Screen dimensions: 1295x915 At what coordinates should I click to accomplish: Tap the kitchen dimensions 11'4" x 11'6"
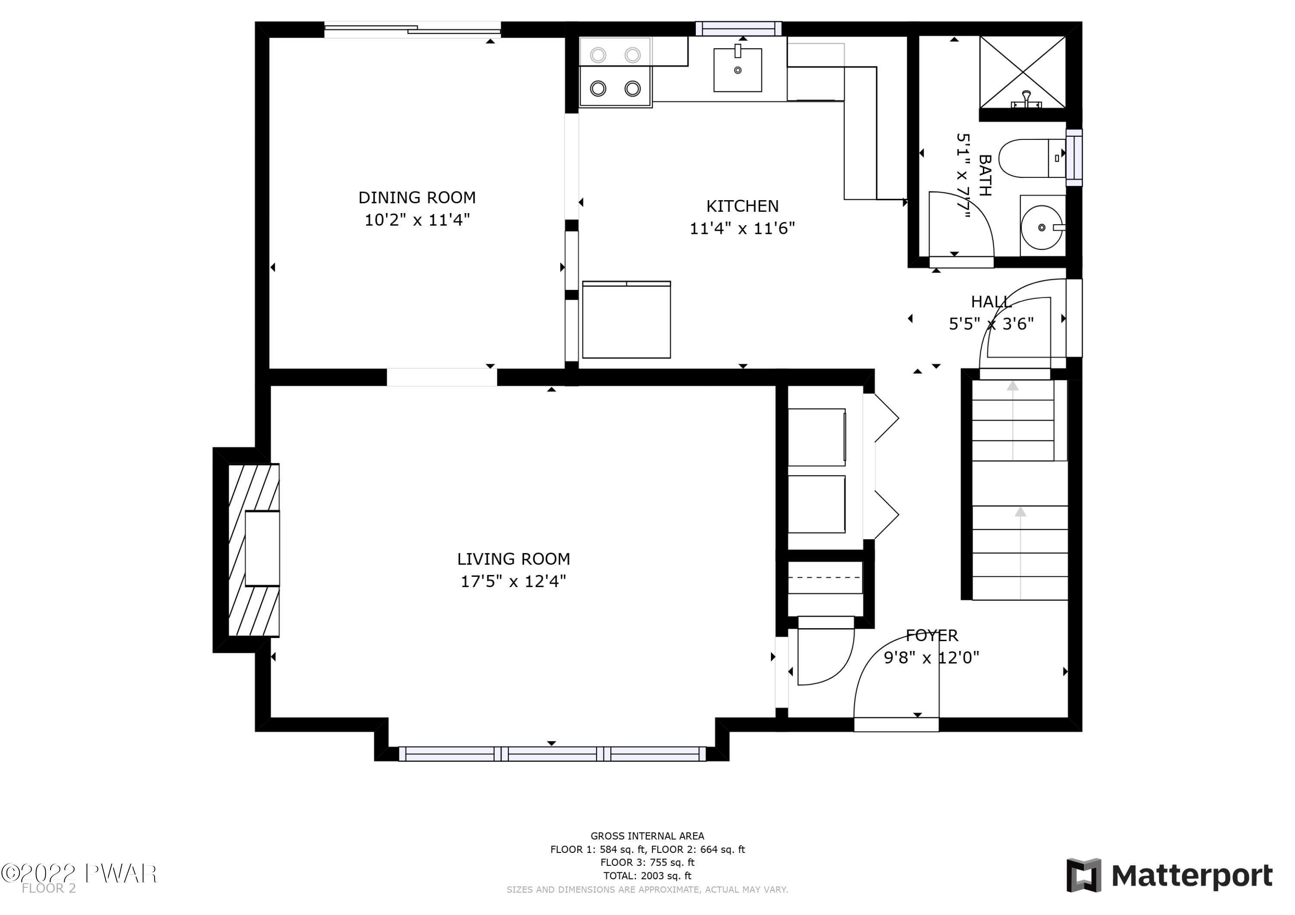[x=742, y=228]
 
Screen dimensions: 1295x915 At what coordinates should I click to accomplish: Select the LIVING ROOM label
[x=513, y=559]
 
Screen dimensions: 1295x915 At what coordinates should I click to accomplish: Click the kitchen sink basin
[x=737, y=69]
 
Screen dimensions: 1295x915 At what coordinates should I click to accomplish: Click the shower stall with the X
[x=1022, y=72]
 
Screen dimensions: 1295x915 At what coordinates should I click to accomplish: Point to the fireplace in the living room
[x=254, y=550]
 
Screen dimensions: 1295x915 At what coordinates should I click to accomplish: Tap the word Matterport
[x=1192, y=876]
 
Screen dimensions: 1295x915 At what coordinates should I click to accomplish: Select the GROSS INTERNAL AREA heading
[x=647, y=836]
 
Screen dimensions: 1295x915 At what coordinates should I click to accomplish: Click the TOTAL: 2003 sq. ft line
[x=647, y=876]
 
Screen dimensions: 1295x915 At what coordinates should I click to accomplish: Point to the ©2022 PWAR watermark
[x=79, y=873]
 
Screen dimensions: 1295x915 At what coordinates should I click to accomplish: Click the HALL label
[x=991, y=302]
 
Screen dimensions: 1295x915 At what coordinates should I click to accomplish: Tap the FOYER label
[x=932, y=635]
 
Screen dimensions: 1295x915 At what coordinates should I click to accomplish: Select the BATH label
[x=985, y=175]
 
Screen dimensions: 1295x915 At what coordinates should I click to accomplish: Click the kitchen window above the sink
[x=738, y=29]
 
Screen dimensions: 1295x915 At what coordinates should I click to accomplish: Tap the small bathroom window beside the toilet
[x=1074, y=157]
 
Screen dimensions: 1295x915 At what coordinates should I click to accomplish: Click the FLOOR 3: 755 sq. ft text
[x=647, y=862]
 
